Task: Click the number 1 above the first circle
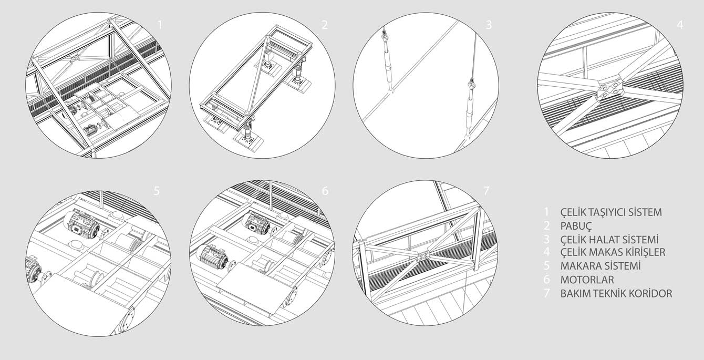160,25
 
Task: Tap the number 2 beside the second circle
325,25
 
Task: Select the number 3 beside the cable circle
489,25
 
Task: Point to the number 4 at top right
680,25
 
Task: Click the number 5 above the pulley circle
157,191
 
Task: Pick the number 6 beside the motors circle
325,191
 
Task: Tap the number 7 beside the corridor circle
486,191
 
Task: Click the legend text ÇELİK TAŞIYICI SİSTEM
611,212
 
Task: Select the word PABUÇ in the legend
576,226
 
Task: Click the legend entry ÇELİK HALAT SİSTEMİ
609,239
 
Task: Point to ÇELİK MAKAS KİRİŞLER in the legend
613,252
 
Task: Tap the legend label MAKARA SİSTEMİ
601,266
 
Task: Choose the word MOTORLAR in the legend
587,280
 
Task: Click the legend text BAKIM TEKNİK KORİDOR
616,293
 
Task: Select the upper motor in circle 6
257,223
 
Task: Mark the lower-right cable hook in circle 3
471,85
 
